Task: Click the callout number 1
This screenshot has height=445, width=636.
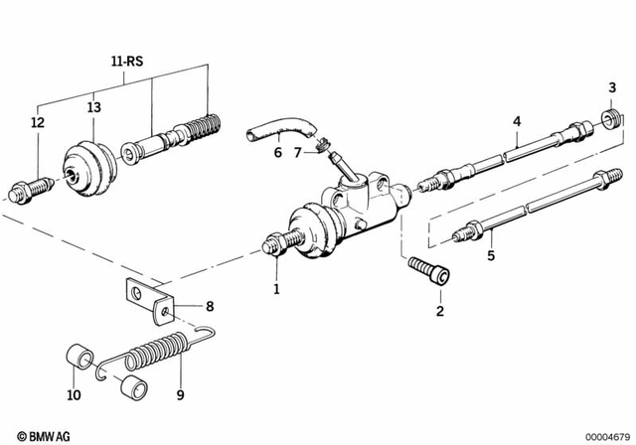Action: point(277,289)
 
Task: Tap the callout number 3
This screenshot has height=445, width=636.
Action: point(611,91)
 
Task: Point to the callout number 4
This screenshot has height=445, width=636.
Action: point(516,122)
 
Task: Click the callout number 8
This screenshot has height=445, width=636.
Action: point(208,306)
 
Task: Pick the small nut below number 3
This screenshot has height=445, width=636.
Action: point(610,121)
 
